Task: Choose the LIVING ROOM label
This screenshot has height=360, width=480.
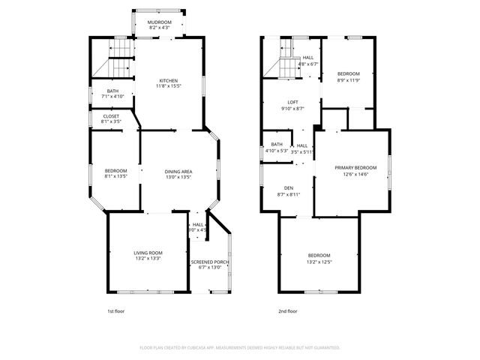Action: [148, 256]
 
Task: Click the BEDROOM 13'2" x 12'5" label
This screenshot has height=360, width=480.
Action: [319, 259]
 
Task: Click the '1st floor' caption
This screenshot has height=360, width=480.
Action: [116, 310]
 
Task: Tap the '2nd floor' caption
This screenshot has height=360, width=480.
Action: [287, 310]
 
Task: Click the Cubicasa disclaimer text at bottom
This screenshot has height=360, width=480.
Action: [240, 348]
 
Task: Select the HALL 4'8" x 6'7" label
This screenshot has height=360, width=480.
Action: [308, 61]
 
